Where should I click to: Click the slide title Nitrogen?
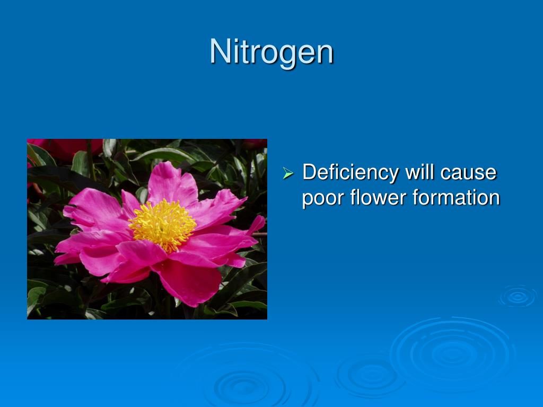[x=271, y=52]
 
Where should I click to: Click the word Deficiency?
[x=350, y=172]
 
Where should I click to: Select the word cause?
[x=471, y=173]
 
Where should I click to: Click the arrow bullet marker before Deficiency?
[x=288, y=173]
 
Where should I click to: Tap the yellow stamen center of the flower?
[x=162, y=225]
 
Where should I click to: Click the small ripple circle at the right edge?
[x=517, y=297]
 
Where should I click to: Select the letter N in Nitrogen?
[x=219, y=52]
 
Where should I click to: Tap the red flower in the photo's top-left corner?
[x=58, y=148]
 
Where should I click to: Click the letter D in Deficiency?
[x=309, y=172]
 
